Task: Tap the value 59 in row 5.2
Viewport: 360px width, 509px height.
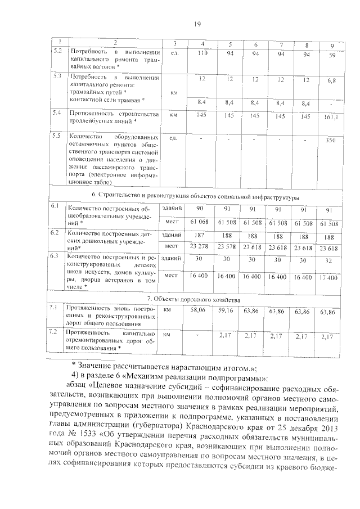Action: (x=332, y=55)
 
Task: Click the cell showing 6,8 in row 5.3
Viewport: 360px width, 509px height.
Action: (x=332, y=81)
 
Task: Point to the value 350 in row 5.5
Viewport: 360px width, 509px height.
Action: (x=331, y=139)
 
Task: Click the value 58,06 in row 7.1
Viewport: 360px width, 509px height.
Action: (x=199, y=310)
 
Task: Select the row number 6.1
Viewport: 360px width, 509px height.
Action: (x=55, y=206)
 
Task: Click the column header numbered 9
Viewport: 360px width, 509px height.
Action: (x=332, y=45)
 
